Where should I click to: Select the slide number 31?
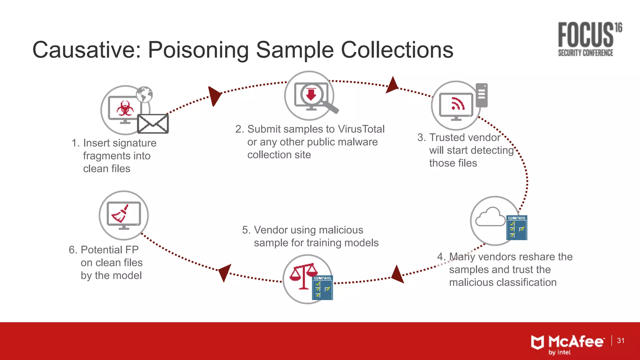(621, 341)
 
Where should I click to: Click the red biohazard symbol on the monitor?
(125, 108)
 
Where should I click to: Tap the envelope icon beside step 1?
(153, 124)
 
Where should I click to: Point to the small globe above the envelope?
(144, 94)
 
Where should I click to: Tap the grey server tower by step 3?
(482, 95)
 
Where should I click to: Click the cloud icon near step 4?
(490, 217)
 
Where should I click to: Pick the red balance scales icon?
(303, 275)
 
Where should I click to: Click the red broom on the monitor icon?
(121, 214)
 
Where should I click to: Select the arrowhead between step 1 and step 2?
(214, 95)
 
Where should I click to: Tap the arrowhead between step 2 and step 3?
(392, 85)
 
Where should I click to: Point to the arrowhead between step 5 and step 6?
(224, 272)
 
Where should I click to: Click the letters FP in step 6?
(132, 250)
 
